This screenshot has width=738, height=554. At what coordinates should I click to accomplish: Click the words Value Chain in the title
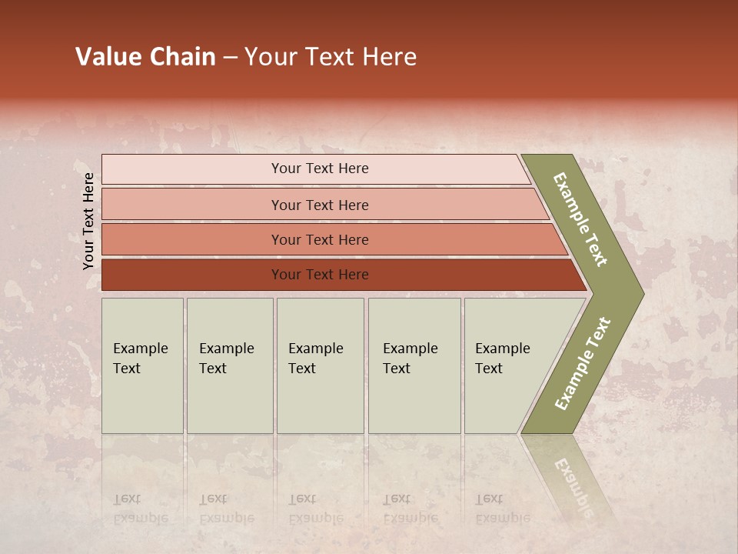pyautogui.click(x=145, y=57)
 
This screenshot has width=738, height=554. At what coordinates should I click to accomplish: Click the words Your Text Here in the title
pyautogui.click(x=331, y=57)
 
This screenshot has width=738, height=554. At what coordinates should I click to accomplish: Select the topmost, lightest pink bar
pyautogui.click(x=192, y=169)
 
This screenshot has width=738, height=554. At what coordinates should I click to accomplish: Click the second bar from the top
pyautogui.click(x=192, y=205)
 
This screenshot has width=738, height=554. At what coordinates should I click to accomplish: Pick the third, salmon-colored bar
pyautogui.click(x=192, y=239)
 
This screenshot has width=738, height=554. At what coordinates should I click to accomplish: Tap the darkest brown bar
pyautogui.click(x=192, y=275)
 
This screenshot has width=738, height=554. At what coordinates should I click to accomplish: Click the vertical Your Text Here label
pyautogui.click(x=88, y=221)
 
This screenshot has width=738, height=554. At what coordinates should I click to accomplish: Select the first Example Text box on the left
pyautogui.click(x=142, y=365)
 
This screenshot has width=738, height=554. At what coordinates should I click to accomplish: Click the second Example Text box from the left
pyautogui.click(x=229, y=365)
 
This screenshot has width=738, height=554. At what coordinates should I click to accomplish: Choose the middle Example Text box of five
pyautogui.click(x=320, y=365)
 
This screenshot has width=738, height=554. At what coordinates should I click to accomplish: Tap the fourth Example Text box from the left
pyautogui.click(x=414, y=365)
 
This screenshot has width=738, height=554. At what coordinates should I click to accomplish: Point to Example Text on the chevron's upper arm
pyautogui.click(x=580, y=219)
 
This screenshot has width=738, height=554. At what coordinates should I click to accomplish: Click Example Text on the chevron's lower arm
pyautogui.click(x=583, y=364)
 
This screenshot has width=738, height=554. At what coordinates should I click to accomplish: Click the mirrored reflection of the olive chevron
pyautogui.click(x=573, y=477)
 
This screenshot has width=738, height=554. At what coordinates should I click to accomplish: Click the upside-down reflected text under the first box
pyautogui.click(x=140, y=509)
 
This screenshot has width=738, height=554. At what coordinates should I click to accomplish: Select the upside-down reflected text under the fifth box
pyautogui.click(x=502, y=509)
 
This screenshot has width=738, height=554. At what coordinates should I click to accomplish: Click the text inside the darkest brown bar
pyautogui.click(x=320, y=275)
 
